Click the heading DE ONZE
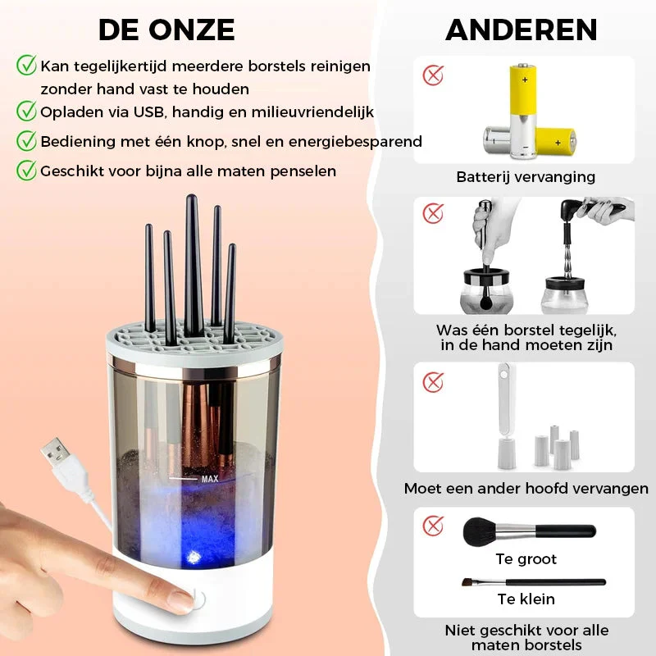click(166, 30)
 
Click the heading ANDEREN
click(522, 30)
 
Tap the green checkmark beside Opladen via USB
click(26, 111)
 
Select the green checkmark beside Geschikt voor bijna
click(26, 170)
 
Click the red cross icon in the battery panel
click(433, 75)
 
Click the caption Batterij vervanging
click(526, 176)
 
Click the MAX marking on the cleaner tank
click(210, 479)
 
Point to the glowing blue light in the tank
click(194, 557)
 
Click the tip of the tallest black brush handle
click(192, 196)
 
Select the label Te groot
click(526, 559)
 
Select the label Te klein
click(526, 599)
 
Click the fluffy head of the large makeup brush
click(480, 531)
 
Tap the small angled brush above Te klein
click(534, 582)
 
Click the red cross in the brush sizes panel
click(433, 526)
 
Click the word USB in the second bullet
click(148, 112)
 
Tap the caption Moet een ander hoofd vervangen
click(526, 488)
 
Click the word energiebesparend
click(355, 141)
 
